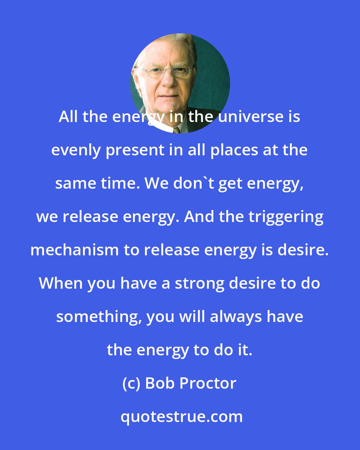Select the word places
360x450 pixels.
234,150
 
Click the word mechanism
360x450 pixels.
74,250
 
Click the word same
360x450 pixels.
71,183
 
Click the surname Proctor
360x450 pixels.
208,383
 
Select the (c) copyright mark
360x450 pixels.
132,383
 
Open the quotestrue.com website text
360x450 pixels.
182,417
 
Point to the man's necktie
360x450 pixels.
176,129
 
